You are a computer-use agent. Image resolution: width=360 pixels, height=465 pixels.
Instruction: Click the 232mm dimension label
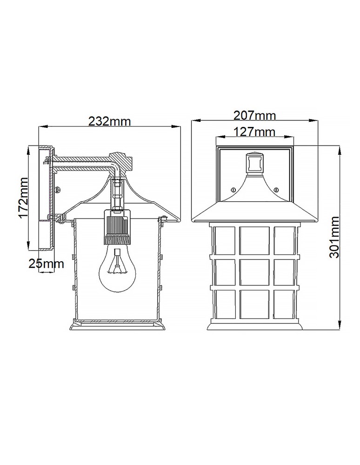(x=110, y=121)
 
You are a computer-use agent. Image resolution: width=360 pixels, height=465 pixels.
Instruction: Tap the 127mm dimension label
(x=254, y=132)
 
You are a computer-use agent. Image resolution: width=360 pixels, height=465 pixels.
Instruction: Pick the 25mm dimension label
(x=46, y=264)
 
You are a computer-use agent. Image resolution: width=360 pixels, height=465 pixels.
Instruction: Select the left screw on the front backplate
(x=232, y=189)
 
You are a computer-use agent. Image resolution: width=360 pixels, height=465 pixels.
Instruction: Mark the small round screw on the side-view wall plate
(x=57, y=189)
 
